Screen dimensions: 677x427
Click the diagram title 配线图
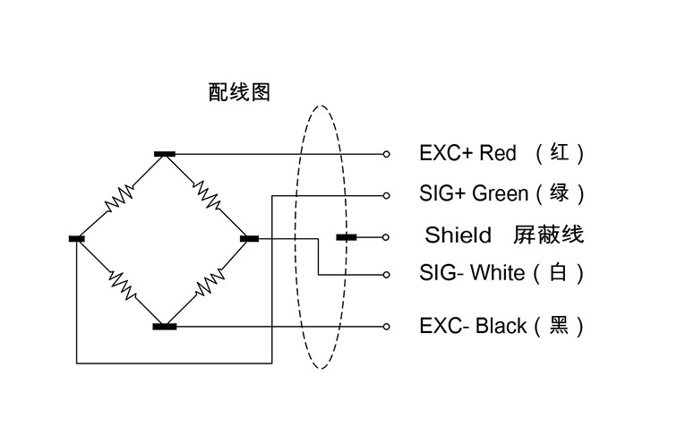(x=239, y=92)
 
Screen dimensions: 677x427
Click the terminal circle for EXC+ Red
(x=387, y=154)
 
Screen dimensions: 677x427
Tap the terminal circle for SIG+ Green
(x=387, y=196)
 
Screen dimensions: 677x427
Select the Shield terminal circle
(x=386, y=237)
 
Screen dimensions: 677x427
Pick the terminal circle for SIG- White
(x=387, y=275)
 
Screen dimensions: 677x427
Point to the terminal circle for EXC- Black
(x=387, y=327)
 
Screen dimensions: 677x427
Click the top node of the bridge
(x=165, y=154)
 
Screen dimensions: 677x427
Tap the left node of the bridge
(x=77, y=239)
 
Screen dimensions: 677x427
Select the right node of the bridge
(x=250, y=238)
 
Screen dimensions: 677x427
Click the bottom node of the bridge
(x=165, y=327)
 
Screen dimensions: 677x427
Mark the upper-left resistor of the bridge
(x=120, y=198)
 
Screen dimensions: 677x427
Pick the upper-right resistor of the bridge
(x=207, y=195)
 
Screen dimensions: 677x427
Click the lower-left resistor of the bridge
(x=123, y=285)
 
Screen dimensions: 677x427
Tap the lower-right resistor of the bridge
(x=210, y=282)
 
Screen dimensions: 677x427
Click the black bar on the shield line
(x=347, y=237)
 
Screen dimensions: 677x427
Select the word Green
(x=501, y=193)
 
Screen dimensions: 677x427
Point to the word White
(x=497, y=273)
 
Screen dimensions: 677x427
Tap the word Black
(x=501, y=326)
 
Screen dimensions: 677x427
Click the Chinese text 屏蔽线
(x=548, y=235)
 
